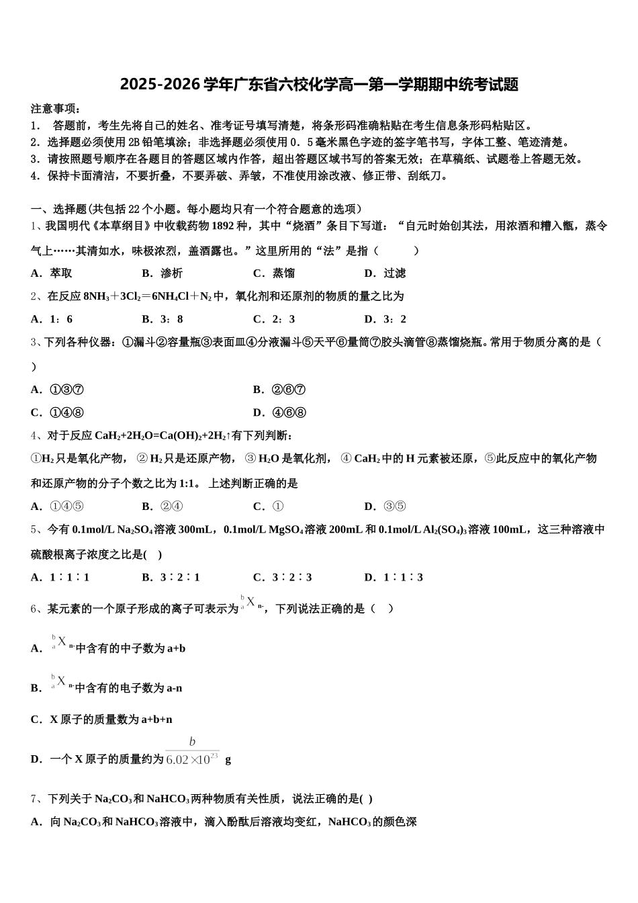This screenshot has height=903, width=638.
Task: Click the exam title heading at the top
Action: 319,85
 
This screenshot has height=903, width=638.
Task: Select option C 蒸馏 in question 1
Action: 274,273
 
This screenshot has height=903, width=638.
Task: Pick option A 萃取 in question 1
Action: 52,273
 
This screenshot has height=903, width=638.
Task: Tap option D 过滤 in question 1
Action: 385,273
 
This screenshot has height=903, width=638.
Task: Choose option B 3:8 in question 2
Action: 163,319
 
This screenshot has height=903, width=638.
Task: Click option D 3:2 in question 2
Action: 385,319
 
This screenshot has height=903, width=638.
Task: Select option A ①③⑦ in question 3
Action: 58,390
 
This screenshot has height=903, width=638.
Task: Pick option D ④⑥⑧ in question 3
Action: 280,413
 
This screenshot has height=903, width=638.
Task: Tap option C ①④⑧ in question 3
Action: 58,413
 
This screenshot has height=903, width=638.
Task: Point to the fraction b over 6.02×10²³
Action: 192,752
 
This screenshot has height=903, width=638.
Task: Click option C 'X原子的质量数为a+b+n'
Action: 102,720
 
